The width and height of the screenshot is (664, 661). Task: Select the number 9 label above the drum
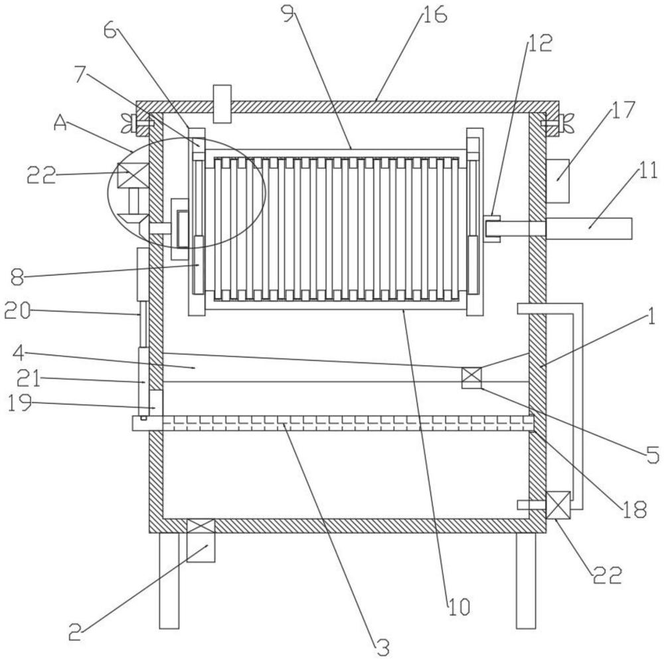point(288,16)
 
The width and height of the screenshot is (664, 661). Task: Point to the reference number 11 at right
point(648,171)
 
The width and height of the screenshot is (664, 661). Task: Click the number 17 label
point(623,110)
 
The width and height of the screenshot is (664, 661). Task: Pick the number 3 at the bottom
point(382,648)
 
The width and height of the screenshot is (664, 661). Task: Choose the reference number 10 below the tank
point(459,607)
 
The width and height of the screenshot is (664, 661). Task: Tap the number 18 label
point(634,510)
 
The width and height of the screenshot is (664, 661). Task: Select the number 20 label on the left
point(17,312)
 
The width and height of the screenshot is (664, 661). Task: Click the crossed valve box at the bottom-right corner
point(558,505)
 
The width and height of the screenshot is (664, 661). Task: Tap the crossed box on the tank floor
point(201,526)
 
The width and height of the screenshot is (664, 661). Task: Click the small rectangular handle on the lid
point(222,104)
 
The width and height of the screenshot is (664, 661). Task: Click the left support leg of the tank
point(169,581)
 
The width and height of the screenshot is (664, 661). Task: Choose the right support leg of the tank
point(525,581)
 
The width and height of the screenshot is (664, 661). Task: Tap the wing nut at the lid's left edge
point(127,124)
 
